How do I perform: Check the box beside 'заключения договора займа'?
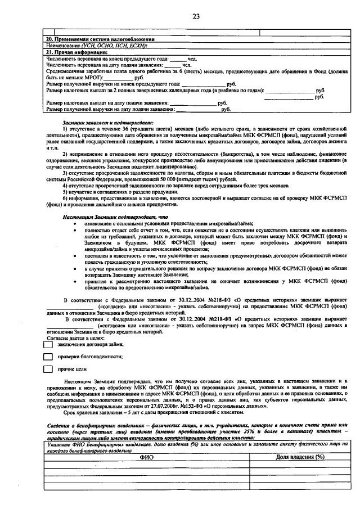tap(48, 345)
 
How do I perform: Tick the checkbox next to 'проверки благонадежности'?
tap(48, 357)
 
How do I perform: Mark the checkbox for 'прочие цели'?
tap(48, 370)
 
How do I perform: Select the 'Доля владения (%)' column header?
tap(300, 457)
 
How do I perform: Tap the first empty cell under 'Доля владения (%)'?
tap(300, 465)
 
